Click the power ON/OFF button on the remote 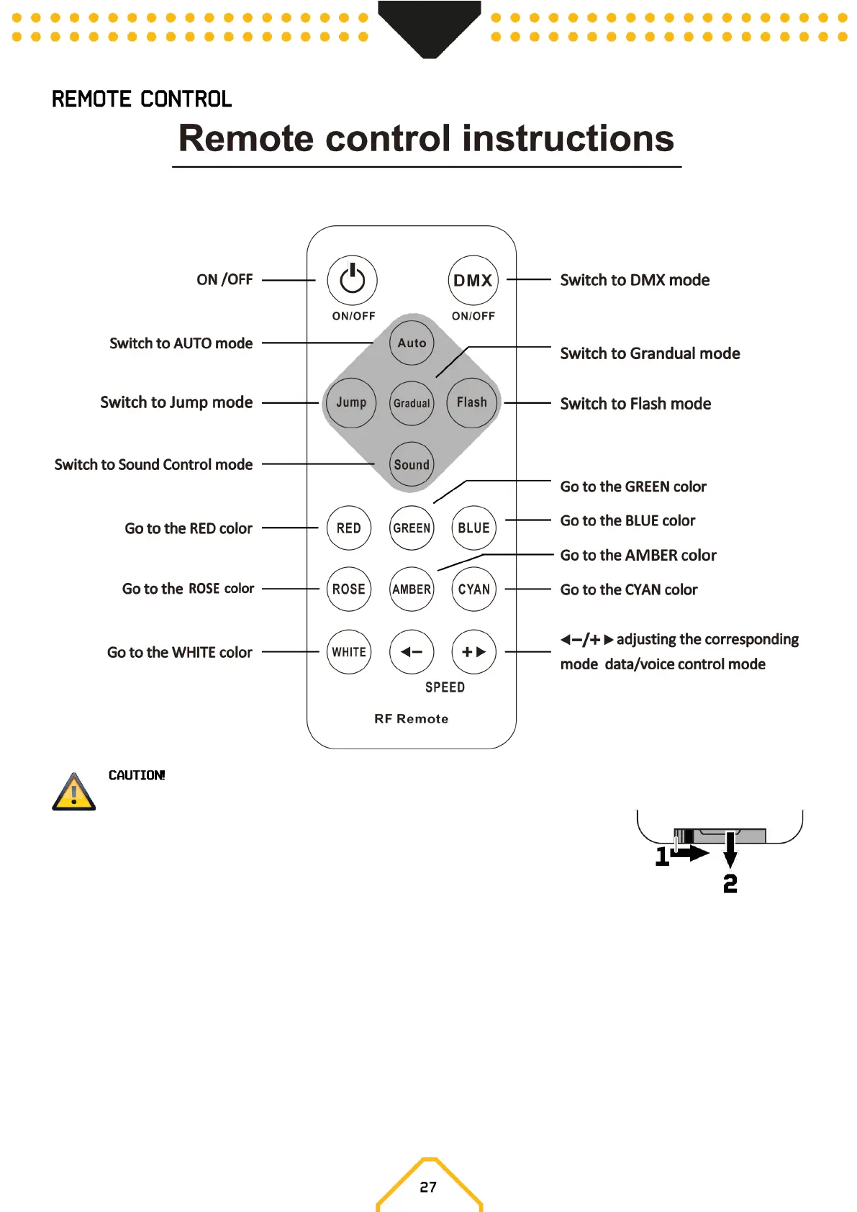click(x=352, y=280)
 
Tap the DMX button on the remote click(x=473, y=281)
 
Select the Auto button click(x=412, y=343)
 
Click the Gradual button click(x=412, y=403)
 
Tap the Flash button click(x=472, y=402)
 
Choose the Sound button click(x=412, y=464)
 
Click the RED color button click(x=349, y=528)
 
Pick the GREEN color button click(x=412, y=528)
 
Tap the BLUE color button click(x=473, y=528)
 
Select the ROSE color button click(x=349, y=589)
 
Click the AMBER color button click(x=412, y=589)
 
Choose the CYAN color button click(x=473, y=589)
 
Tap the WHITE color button click(x=349, y=652)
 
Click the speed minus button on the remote click(x=412, y=652)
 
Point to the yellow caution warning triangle click(x=73, y=792)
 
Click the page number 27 click(x=428, y=1187)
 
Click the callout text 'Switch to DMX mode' click(x=635, y=280)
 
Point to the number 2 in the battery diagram click(x=730, y=883)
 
